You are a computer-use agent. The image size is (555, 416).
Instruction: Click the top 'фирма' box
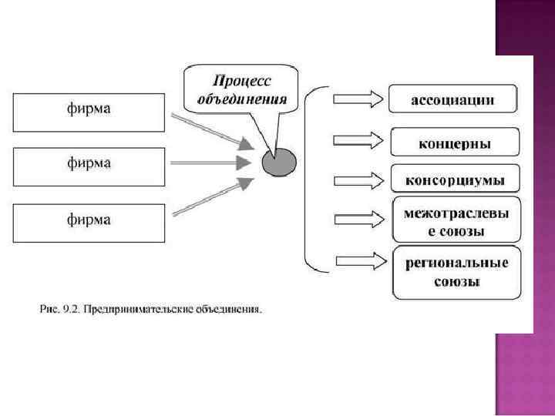[89, 112]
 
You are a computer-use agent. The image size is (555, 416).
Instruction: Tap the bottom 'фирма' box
[89, 222]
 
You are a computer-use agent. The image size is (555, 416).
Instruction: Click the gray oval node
[277, 163]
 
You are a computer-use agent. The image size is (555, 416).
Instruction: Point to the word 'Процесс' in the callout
[242, 81]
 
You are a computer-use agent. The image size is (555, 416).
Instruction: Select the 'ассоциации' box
[452, 99]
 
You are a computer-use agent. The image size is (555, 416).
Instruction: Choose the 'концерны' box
[455, 143]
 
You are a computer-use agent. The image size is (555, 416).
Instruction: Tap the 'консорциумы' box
[455, 180]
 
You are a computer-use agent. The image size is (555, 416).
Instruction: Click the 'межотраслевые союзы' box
[455, 220]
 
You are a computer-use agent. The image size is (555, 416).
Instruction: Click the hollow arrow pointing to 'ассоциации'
[358, 99]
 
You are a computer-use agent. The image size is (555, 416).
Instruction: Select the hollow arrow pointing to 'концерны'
[358, 140]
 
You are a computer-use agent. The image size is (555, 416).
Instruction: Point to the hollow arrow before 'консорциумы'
[358, 180]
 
